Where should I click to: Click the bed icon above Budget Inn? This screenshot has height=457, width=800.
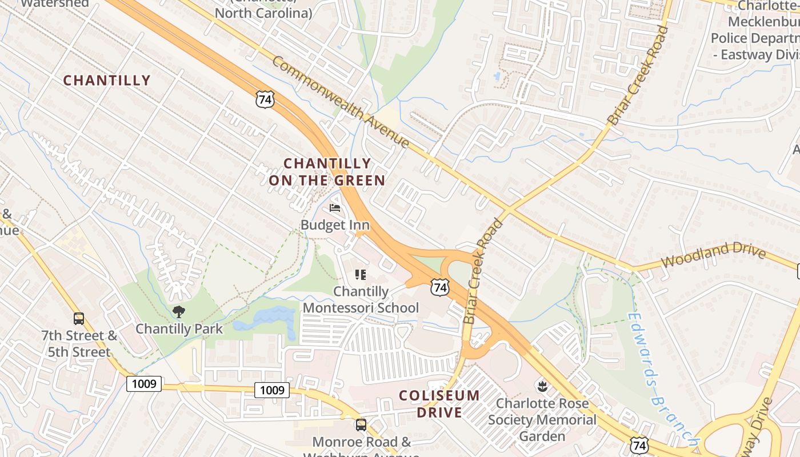tap(335, 208)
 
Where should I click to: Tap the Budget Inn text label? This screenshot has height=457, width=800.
tap(335, 225)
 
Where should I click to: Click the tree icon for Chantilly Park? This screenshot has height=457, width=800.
tap(179, 312)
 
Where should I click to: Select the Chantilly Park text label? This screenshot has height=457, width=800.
tap(179, 328)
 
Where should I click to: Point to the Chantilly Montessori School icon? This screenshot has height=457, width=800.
tap(361, 275)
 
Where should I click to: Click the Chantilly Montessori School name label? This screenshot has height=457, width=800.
tap(361, 299)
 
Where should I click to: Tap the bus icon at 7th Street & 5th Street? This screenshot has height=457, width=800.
tap(79, 318)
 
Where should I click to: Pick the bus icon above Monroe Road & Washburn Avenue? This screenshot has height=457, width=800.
tap(361, 424)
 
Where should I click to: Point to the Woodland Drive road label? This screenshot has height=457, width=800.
tap(713, 255)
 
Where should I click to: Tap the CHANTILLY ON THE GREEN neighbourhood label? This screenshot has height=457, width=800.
tap(327, 172)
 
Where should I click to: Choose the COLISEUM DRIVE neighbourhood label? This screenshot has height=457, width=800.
tap(439, 403)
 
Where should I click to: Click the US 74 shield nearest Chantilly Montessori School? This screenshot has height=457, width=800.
tap(440, 287)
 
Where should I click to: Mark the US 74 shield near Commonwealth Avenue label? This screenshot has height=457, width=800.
tap(265, 99)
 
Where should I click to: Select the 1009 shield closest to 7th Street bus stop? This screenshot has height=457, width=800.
tap(144, 383)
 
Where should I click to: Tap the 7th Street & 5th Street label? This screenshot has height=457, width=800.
tap(79, 343)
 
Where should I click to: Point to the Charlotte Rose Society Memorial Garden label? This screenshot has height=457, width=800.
tap(542, 420)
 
